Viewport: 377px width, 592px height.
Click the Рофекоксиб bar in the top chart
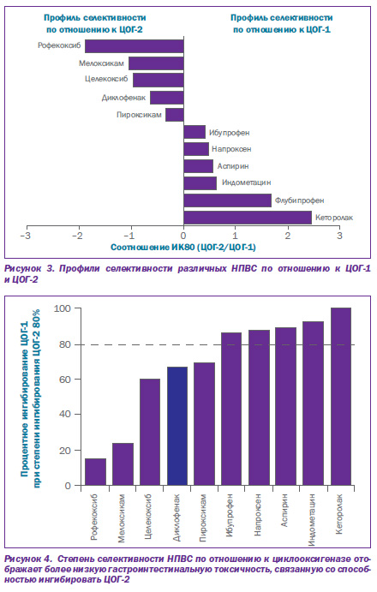point(135,46)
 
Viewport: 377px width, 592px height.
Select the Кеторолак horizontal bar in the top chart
point(248,218)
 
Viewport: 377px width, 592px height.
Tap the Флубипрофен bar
point(228,200)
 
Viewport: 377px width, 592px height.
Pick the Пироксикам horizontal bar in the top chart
point(175,115)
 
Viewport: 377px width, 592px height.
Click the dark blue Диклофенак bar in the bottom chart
point(177,426)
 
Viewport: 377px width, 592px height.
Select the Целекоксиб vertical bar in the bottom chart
point(150,432)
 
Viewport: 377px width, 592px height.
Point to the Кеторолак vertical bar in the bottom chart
point(341,397)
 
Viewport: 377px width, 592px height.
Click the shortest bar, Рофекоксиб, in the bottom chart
point(95,472)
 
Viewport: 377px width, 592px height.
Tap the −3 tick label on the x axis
point(26,236)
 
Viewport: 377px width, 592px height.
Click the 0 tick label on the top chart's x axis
point(183,236)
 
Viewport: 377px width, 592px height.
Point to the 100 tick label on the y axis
point(62,308)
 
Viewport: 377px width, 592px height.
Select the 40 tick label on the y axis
point(64,414)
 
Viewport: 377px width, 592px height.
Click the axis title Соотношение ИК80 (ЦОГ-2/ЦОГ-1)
point(183,248)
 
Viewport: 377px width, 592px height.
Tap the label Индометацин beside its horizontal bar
point(246,182)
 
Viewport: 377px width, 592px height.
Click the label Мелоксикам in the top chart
point(101,63)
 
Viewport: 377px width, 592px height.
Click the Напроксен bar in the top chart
point(196,149)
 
